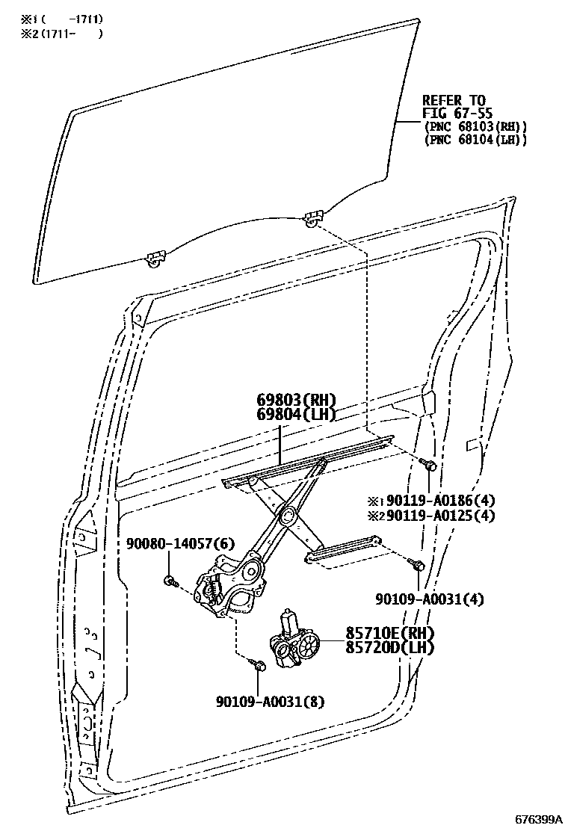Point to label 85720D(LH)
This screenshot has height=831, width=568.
[389, 647]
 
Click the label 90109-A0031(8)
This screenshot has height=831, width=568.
[270, 702]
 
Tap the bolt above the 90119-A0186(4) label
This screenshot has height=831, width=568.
[429, 465]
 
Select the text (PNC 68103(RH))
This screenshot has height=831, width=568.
[475, 126]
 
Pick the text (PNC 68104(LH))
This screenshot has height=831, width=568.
[475, 140]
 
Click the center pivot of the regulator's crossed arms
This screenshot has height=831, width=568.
[286, 515]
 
